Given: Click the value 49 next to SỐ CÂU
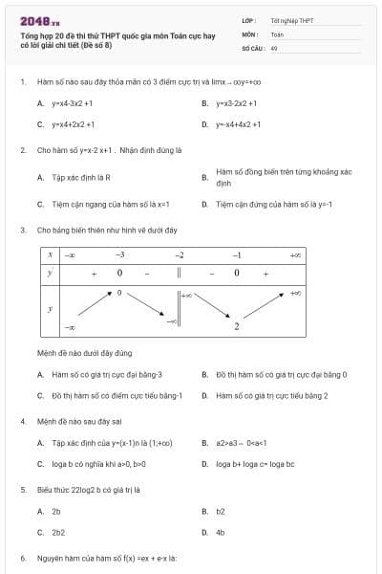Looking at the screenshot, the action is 274,47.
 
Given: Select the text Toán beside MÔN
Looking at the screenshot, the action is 277,33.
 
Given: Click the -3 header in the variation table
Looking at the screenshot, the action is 119,255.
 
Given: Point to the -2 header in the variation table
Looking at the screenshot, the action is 179,255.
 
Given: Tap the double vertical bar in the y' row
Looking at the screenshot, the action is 179,274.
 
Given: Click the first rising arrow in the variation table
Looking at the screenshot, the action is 94,305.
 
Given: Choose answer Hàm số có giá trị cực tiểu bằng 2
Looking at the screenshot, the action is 271,395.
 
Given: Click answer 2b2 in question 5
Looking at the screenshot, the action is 58,532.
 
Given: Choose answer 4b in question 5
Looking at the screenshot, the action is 221,532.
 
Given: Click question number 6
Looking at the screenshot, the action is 23,558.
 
